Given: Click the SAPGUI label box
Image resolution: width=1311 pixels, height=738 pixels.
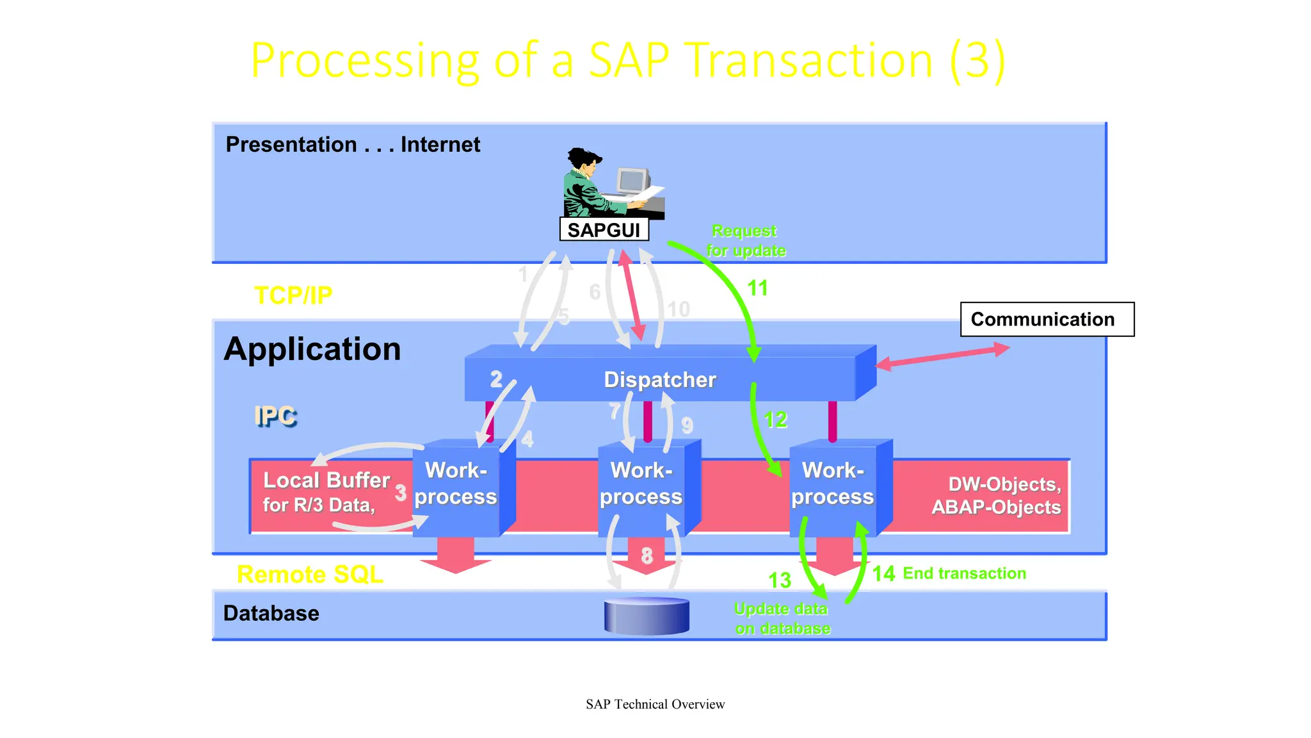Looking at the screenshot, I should (604, 229).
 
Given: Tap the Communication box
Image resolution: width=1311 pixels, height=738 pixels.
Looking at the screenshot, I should (1047, 319).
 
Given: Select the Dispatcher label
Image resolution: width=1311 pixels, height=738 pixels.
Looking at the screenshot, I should (659, 379).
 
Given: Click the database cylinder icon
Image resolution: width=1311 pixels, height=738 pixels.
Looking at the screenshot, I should (647, 616).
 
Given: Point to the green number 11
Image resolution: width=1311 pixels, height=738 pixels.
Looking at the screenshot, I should (757, 288).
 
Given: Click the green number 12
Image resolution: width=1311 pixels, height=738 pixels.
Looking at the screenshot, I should (775, 420).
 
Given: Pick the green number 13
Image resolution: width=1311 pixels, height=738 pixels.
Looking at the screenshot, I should (780, 580).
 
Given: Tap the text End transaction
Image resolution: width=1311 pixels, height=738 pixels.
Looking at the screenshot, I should (964, 573).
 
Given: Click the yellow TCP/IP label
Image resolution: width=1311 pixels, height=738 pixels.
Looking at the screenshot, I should (293, 295).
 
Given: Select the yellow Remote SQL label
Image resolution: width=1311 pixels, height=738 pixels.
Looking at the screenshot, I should (310, 574).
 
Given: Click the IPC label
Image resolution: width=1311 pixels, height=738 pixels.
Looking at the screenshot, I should (275, 416).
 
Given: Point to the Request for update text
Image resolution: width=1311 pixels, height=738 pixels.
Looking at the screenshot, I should (746, 240).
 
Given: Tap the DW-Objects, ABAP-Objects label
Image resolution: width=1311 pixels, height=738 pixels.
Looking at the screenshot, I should (997, 495).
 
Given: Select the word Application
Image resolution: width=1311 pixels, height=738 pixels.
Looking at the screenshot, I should (312, 349).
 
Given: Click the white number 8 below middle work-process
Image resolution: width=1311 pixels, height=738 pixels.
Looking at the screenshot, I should (647, 555).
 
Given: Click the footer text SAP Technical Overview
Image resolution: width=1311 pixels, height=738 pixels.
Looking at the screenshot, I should (655, 704).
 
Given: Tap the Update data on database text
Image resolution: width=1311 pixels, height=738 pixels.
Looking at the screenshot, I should (782, 618).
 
